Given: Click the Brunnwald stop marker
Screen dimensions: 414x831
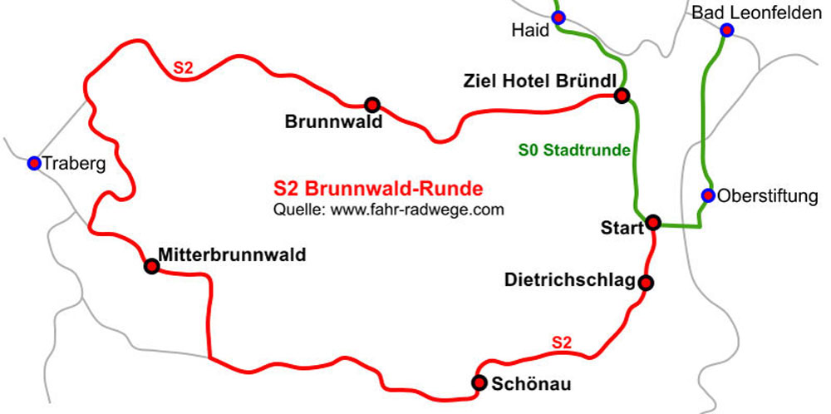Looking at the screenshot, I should coord(372,105).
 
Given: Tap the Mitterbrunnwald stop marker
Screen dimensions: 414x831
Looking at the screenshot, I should coord(151,266).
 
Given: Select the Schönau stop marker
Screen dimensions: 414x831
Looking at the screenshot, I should coord(479,382).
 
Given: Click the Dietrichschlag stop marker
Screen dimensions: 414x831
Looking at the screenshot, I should coord(647,283).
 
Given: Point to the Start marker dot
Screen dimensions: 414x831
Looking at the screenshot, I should coord(653,222).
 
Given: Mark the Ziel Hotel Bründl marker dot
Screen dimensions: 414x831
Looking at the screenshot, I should coord(621,96).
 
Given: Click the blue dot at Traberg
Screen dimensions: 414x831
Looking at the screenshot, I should coord(34,163).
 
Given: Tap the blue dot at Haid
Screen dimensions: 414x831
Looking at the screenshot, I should coord(558,17).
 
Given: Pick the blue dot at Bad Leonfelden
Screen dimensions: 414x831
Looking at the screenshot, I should coord(727,30).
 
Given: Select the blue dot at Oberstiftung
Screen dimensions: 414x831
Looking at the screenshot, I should coord(708,195).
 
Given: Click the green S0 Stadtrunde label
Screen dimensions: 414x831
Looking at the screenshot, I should coord(574,150).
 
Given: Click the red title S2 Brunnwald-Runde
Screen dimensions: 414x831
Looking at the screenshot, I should coord(378,189).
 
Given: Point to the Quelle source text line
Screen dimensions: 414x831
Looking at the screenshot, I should coord(388,210).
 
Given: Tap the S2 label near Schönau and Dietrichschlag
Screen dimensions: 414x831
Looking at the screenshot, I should coord(563,342).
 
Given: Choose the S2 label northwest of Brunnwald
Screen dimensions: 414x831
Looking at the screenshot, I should coord(183,68).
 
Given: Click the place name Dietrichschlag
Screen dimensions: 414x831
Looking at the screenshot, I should coord(569,280).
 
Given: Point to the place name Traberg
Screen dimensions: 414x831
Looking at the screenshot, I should coord(75,164).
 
